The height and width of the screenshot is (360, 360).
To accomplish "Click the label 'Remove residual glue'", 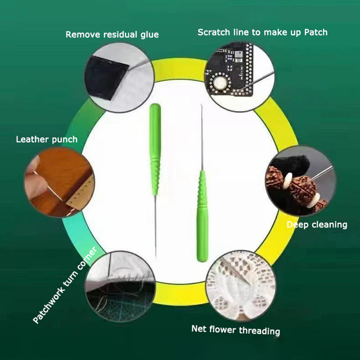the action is point(112,35).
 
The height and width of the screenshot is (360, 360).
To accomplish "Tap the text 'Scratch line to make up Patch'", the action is point(262,32).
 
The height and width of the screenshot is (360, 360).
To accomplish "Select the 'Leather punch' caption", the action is point(47,139).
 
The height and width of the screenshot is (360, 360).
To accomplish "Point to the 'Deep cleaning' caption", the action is point(317,225).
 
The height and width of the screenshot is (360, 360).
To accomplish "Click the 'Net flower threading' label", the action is point(236,330).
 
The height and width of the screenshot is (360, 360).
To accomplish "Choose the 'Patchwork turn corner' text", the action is point(65,285).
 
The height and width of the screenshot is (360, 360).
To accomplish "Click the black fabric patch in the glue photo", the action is point(106,77).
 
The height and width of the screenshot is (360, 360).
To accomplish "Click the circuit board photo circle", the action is point(239,76).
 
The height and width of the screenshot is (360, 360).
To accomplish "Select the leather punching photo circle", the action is point(59,182).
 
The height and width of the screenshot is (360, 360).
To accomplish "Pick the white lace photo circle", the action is point(241,285).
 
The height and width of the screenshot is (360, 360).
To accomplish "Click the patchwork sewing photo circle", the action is point(120,286).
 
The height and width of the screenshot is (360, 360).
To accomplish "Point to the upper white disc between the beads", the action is point(288,181).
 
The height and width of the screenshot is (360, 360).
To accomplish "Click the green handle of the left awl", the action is point(155,149).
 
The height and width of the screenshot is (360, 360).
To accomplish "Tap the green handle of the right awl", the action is point(202,216).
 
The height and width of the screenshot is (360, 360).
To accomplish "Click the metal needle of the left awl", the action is point(155,227).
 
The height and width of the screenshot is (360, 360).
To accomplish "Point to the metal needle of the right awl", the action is point(202,137).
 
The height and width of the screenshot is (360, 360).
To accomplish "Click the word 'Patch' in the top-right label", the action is point(316,32).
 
